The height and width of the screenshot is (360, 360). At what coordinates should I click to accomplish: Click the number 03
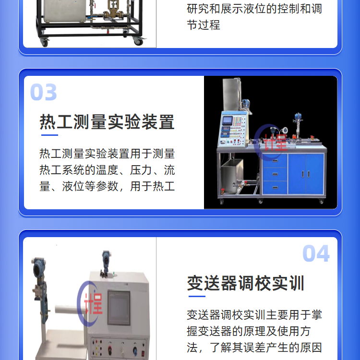point(43,92)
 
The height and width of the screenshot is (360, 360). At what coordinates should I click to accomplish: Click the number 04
point(316,253)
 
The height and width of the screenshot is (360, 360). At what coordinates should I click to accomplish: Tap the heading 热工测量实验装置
point(107,122)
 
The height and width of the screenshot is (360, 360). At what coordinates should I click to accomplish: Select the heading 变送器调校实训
point(246,283)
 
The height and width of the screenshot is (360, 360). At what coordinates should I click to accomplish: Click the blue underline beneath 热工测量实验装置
point(49,135)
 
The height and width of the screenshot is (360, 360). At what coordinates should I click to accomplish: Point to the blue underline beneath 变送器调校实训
point(197,297)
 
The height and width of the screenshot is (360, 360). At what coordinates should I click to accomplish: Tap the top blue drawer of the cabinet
point(275,160)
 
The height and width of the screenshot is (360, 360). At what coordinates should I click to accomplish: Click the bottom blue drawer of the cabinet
point(275,188)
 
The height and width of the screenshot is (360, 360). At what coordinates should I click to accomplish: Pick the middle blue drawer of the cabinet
point(275,174)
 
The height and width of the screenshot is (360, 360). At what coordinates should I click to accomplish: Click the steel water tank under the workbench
point(232,176)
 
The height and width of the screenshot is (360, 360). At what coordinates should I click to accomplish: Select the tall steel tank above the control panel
point(231,95)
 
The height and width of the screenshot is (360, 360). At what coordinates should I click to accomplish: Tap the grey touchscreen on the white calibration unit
point(119,308)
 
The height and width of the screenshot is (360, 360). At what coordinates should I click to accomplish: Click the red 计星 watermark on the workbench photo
point(276,142)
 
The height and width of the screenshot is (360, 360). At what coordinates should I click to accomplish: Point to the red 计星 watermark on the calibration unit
point(93,303)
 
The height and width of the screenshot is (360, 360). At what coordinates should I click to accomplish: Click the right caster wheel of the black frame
point(138,42)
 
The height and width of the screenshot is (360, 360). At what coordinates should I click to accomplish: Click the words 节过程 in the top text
point(204,25)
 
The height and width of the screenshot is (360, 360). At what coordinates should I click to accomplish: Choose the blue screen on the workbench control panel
point(228,120)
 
